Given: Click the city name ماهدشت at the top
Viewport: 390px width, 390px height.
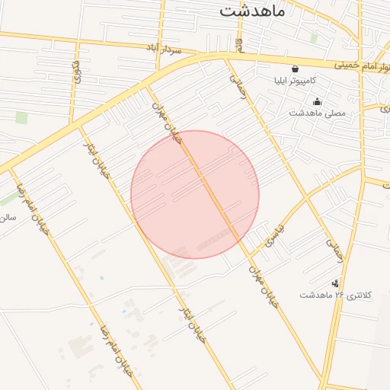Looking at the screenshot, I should [251, 11].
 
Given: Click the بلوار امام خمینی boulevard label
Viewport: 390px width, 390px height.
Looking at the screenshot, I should [359, 66].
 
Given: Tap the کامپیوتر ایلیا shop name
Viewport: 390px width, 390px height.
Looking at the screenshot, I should [301, 79].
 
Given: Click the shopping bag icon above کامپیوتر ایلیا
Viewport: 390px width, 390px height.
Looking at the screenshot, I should [295, 68].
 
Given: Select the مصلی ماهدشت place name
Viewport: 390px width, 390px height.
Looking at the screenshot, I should [317, 113].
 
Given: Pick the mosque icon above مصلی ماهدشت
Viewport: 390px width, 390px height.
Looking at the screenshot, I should [317, 101].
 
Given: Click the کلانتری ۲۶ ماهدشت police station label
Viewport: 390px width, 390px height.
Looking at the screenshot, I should [337, 295].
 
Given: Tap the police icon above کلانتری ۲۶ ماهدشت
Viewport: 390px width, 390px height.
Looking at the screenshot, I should [336, 283].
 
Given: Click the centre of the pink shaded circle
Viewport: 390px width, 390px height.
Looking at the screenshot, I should [195, 194].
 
